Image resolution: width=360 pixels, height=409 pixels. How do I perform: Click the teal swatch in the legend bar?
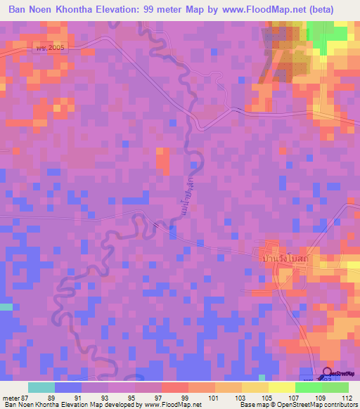pyautogui.click(x=41, y=387)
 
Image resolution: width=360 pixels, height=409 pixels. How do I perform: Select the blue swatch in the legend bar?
pyautogui.click(x=68, y=387)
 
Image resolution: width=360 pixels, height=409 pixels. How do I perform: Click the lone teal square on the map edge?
pyautogui.click(x=6, y=306)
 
